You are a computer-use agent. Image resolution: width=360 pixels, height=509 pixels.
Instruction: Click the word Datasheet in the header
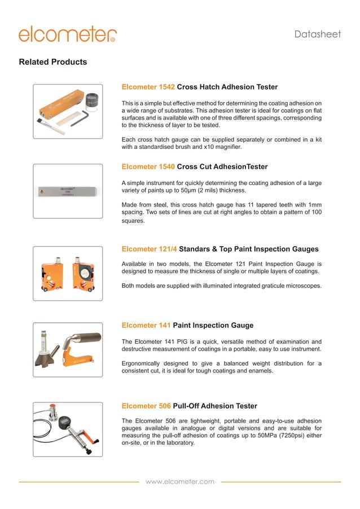pos(318,34)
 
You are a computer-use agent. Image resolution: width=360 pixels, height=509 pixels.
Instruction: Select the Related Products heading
pos(53,62)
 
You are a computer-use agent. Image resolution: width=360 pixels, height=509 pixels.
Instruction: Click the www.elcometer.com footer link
pos(180,482)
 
